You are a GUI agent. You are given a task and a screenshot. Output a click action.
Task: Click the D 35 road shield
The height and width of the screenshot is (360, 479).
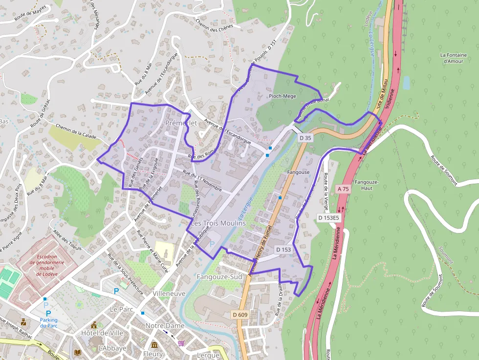[305, 138]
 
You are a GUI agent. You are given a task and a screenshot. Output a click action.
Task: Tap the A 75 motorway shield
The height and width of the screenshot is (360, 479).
[343, 189]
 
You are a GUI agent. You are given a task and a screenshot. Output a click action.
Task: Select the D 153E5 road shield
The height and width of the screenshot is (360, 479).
[328, 217]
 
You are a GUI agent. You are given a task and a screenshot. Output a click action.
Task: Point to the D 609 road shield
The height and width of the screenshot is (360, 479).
[240, 315]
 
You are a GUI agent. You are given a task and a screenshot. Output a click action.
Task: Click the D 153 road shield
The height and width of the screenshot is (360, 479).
[283, 250]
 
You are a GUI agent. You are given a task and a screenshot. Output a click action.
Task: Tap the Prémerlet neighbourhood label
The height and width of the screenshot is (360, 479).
[181, 123]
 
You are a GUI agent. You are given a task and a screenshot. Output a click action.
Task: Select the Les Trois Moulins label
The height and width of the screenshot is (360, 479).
[218, 223]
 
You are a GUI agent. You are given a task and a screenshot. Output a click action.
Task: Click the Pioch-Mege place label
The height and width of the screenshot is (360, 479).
[283, 96]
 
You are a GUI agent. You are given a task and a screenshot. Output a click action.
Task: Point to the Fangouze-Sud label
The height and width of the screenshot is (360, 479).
[219, 277]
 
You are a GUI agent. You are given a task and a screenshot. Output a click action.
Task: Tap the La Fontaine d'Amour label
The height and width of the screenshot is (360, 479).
[454, 58]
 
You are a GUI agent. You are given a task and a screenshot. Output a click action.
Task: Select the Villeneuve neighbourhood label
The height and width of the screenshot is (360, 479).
[169, 294]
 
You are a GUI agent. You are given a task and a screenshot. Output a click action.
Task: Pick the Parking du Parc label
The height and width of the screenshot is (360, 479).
[48, 323]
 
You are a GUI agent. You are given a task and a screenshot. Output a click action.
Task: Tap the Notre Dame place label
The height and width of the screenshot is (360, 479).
[165, 326]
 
